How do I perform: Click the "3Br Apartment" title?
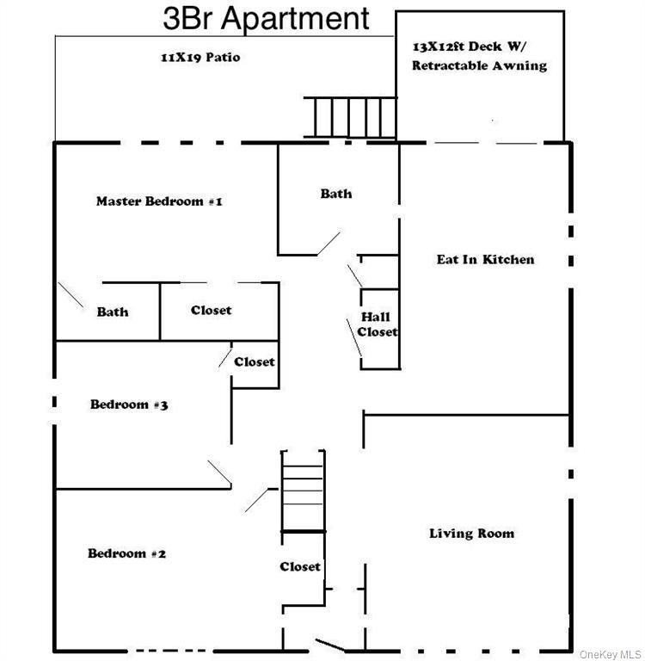[x=267, y=17]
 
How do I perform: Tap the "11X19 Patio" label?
[x=199, y=58]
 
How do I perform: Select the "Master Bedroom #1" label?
[x=159, y=201]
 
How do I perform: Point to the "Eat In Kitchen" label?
[x=485, y=259]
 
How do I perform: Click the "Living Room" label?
[x=471, y=534]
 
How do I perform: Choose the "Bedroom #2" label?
[x=127, y=553]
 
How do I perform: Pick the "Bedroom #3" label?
[x=129, y=405]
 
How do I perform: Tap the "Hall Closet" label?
[x=378, y=324]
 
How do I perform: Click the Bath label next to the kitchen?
[x=336, y=194]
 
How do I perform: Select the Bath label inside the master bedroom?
[x=113, y=312]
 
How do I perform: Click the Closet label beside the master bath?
[x=212, y=310]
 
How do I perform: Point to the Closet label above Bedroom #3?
[x=255, y=362]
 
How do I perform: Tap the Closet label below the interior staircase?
[x=300, y=566]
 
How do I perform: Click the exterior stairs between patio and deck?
[x=351, y=117]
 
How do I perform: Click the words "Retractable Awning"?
[x=479, y=65]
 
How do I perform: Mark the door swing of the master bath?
[x=71, y=294]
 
